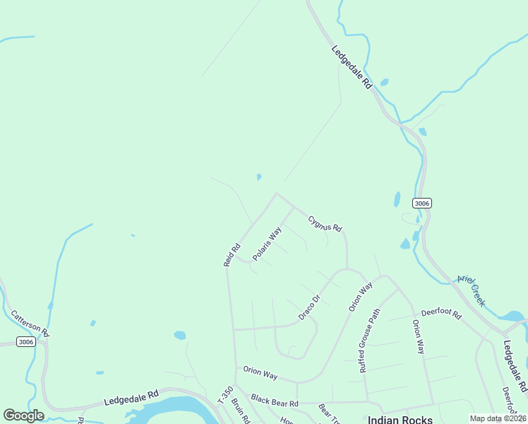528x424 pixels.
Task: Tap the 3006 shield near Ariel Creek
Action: click(x=421, y=203)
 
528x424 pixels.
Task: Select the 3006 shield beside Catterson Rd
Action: click(x=25, y=342)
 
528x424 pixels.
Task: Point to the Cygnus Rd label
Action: click(x=325, y=224)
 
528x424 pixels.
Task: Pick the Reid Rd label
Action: click(x=232, y=255)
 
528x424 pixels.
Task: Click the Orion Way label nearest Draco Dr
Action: click(x=360, y=298)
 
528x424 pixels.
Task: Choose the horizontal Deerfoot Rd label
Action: click(x=440, y=312)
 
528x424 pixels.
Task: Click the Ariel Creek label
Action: click(x=471, y=290)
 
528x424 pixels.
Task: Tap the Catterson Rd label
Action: click(x=30, y=322)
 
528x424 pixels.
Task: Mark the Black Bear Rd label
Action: click(x=275, y=401)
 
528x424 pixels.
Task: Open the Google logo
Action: click(x=23, y=415)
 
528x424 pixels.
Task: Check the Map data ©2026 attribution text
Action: click(x=498, y=418)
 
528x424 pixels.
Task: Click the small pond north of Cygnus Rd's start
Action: click(x=259, y=177)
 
